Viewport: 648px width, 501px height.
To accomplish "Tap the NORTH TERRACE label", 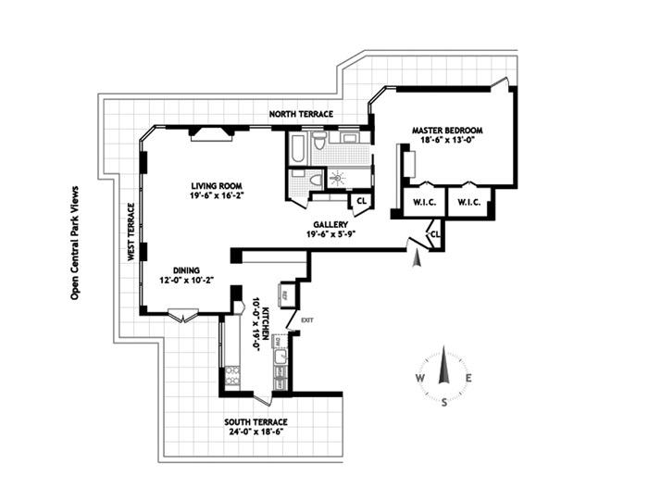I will [301, 115].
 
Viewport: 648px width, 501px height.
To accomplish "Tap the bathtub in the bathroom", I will [301, 149].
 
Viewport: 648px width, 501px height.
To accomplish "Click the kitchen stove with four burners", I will [231, 375].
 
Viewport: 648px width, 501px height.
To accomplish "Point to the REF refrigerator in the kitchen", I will [286, 295].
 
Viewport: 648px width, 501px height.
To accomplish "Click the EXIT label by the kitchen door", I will [306, 319].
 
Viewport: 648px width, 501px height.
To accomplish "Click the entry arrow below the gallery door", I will [417, 259].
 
